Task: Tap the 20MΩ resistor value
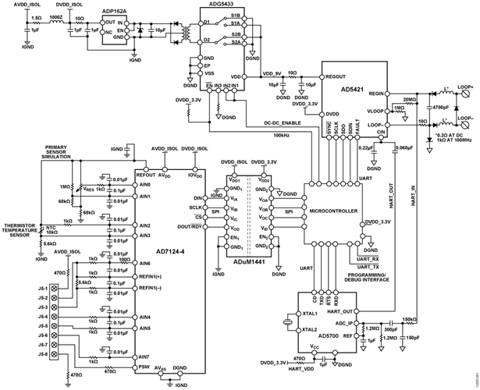(410, 99)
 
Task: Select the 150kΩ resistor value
(408, 320)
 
